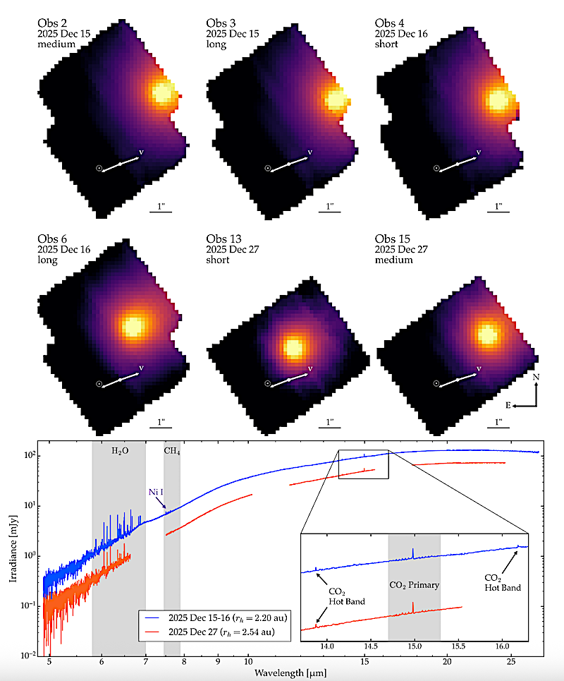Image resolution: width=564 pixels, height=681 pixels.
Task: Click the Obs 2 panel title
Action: tap(53, 23)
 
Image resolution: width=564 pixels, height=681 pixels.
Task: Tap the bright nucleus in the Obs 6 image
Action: tap(133, 326)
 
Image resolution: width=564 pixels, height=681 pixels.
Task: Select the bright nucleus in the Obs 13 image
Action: tap(292, 347)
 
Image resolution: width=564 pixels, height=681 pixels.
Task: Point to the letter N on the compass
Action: tap(537, 378)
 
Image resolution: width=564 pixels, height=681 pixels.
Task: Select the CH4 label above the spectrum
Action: tap(172, 450)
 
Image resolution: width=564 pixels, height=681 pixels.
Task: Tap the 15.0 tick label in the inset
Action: tap(415, 645)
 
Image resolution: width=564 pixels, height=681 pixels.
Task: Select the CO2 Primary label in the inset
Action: tap(415, 585)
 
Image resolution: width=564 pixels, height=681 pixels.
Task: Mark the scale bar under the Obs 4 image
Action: tap(499, 211)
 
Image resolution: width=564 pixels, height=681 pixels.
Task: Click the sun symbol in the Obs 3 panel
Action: tap(268, 168)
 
